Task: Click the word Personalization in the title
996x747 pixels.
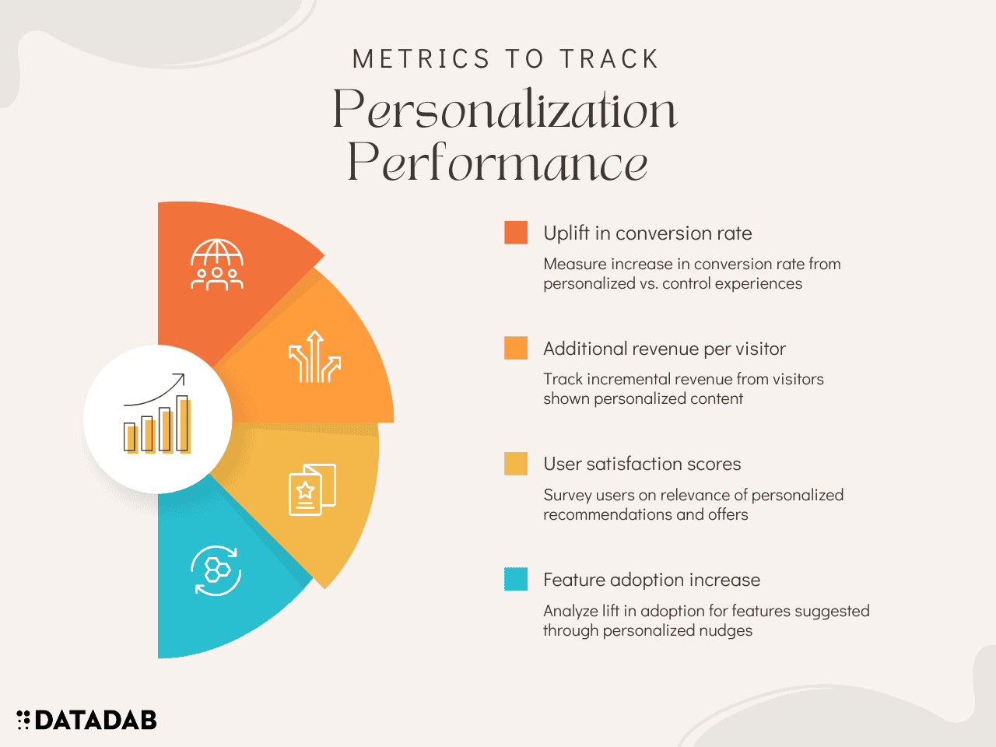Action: coord(504,109)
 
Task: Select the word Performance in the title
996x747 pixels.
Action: coord(497,163)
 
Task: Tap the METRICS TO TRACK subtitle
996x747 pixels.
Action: coord(505,59)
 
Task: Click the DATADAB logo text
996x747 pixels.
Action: coord(96,720)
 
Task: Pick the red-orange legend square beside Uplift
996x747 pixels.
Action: coord(515,233)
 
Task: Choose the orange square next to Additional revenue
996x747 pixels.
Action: coord(515,348)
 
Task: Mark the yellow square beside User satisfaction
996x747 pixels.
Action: coord(515,464)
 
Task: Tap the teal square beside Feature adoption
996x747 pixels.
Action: coord(515,579)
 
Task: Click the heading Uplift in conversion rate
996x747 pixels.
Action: coord(647,233)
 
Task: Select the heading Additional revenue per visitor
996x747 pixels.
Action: coord(665,349)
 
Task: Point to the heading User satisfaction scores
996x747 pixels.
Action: coord(642,464)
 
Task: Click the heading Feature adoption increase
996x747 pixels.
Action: coord(651,580)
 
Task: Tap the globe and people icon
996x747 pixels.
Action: coord(217,265)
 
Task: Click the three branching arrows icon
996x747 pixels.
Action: coord(314,356)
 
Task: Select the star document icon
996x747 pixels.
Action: coord(312,490)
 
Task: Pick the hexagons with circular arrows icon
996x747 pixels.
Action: coord(216,570)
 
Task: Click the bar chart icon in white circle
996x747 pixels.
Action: coord(157,413)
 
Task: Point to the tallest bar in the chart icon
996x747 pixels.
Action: coord(183,423)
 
